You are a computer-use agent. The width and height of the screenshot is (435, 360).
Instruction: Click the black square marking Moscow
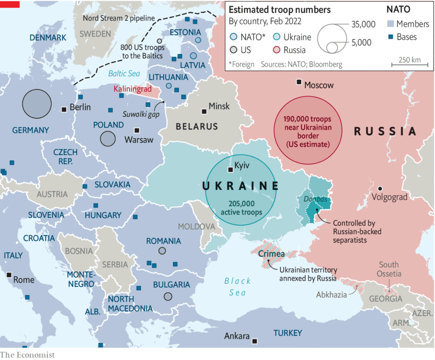[299, 82]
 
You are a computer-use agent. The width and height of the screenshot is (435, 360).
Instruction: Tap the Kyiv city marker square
[230, 170]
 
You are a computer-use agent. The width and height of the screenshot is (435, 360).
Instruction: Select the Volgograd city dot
[380, 188]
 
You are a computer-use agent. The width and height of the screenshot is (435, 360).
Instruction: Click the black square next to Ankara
[254, 341]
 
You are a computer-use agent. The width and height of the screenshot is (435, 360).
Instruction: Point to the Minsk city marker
[204, 111]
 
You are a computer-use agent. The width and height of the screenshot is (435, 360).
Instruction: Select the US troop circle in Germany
[37, 104]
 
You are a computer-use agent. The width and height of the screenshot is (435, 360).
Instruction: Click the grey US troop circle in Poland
[108, 139]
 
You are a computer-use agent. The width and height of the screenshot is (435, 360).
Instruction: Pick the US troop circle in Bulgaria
[168, 297]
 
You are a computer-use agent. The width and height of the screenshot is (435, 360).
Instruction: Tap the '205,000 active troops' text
[241, 207]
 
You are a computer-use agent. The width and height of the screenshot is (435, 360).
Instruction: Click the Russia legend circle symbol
[276, 50]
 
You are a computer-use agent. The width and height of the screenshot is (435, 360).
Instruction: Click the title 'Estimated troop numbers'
[280, 10]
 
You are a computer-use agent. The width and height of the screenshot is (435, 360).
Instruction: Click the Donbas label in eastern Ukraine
[315, 199]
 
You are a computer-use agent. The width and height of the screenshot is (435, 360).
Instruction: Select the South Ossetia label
[389, 269]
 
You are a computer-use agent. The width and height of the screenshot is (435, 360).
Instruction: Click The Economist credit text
[27, 354]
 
